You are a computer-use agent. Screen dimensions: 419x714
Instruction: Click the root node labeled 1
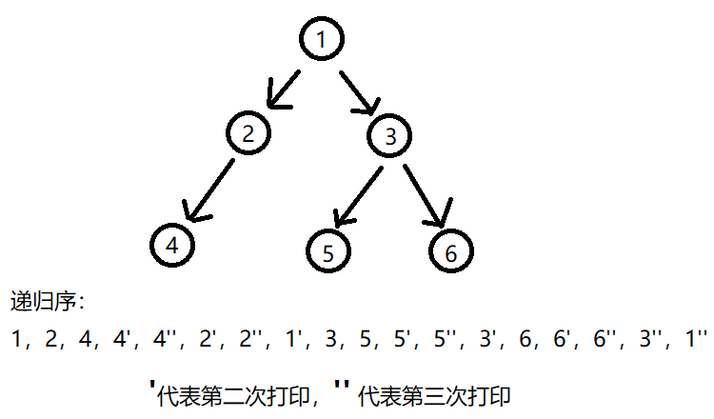click(321, 40)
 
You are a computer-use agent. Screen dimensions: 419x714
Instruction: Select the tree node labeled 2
click(249, 133)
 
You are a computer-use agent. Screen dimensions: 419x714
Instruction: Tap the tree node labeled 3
click(390, 136)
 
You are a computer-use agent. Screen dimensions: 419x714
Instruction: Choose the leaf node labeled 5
click(328, 252)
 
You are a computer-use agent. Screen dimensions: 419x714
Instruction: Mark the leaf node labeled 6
click(451, 252)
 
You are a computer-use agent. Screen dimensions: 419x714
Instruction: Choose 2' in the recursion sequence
click(205, 337)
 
